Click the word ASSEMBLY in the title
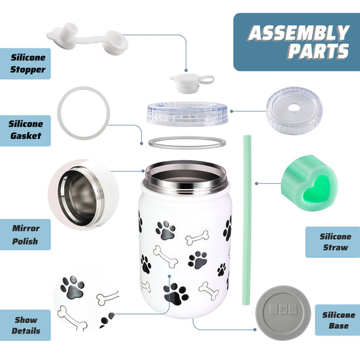coord(299,33)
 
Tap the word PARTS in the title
coord(319,51)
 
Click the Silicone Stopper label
coord(28,63)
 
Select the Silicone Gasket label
coord(26,130)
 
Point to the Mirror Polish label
coord(26,234)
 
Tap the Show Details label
coord(26,326)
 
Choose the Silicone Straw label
coord(335,242)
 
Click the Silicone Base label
coord(338,320)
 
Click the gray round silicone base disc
coord(283,313)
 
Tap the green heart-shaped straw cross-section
coord(309,183)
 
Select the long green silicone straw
coord(247,220)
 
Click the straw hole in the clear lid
coord(294,107)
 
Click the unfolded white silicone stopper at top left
coord(88,38)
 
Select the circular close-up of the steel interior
coord(83,195)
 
